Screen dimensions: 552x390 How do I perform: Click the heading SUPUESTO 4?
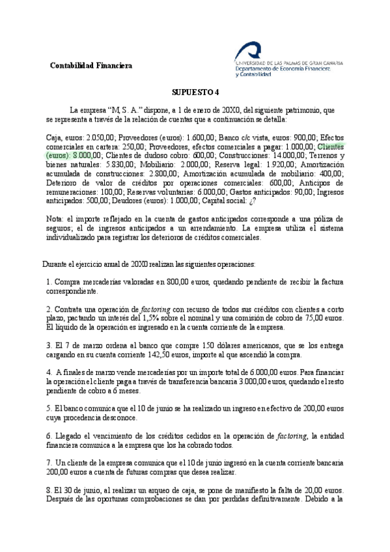[196, 92]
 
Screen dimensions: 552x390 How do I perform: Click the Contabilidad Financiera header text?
[91, 66]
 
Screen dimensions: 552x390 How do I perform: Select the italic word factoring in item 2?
[156, 308]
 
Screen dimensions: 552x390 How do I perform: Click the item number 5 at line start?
[49, 408]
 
